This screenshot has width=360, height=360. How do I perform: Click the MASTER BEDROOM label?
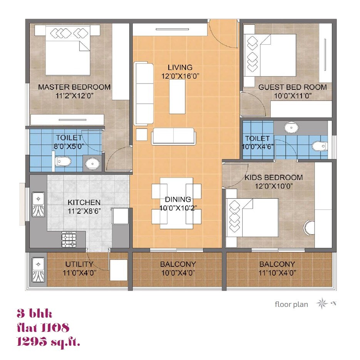pos(74,87)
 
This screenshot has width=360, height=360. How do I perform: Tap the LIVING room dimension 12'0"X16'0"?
pos(177,76)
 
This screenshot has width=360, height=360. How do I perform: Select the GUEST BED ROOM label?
pos(292,87)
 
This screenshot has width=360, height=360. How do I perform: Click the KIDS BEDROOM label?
pos(273,177)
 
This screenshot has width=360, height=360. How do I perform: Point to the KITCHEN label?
pos(84,202)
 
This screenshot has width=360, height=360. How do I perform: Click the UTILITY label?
pos(79,264)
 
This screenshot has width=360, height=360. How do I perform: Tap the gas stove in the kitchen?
pos(69,241)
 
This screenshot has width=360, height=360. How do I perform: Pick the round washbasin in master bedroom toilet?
pos(92,164)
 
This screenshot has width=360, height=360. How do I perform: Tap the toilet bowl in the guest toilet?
pos(320,146)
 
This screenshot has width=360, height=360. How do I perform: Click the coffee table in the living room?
pos(177,97)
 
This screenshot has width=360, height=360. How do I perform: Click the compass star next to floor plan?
pos(322,304)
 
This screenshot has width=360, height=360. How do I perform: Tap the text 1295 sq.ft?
pos(49,342)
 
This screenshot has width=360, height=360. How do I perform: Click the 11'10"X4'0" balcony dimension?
pos(277,273)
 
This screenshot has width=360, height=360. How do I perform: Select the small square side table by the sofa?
pos(142,134)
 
